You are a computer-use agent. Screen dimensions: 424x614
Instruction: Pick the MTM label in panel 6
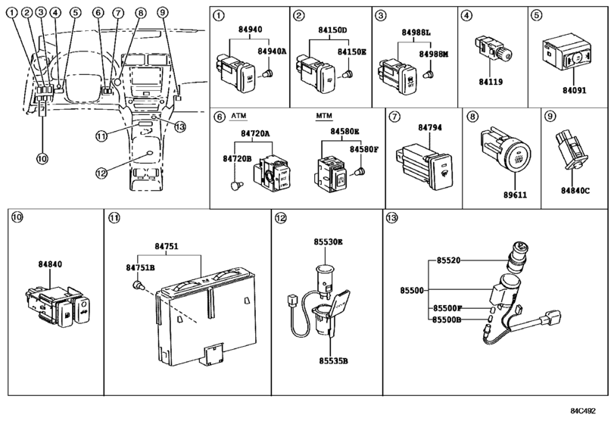[324, 117]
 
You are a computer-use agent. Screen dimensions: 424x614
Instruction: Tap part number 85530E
[329, 242]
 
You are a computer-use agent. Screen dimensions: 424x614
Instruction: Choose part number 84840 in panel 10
[51, 264]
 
